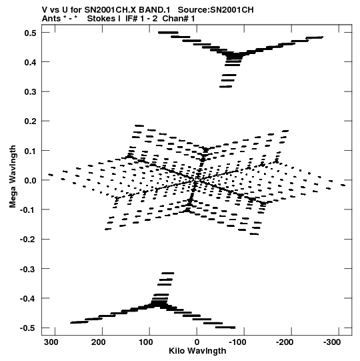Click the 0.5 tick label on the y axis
tap(30, 33)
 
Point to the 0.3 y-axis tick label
tap(30, 92)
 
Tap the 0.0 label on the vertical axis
tap(30, 180)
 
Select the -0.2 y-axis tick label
tap(28, 240)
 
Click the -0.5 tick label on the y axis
tap(28, 328)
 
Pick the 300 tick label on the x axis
tap(51, 342)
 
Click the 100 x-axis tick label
tap(146, 342)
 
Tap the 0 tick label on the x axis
tap(197, 342)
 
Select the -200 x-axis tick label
tap(285, 342)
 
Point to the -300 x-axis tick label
tap(332, 342)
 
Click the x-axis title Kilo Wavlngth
tap(197, 351)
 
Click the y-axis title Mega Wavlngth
tap(13, 177)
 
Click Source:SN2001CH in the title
tap(216, 10)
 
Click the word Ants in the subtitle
tap(51, 19)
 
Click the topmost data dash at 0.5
tap(168, 33)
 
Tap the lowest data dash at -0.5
tap(225, 327)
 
